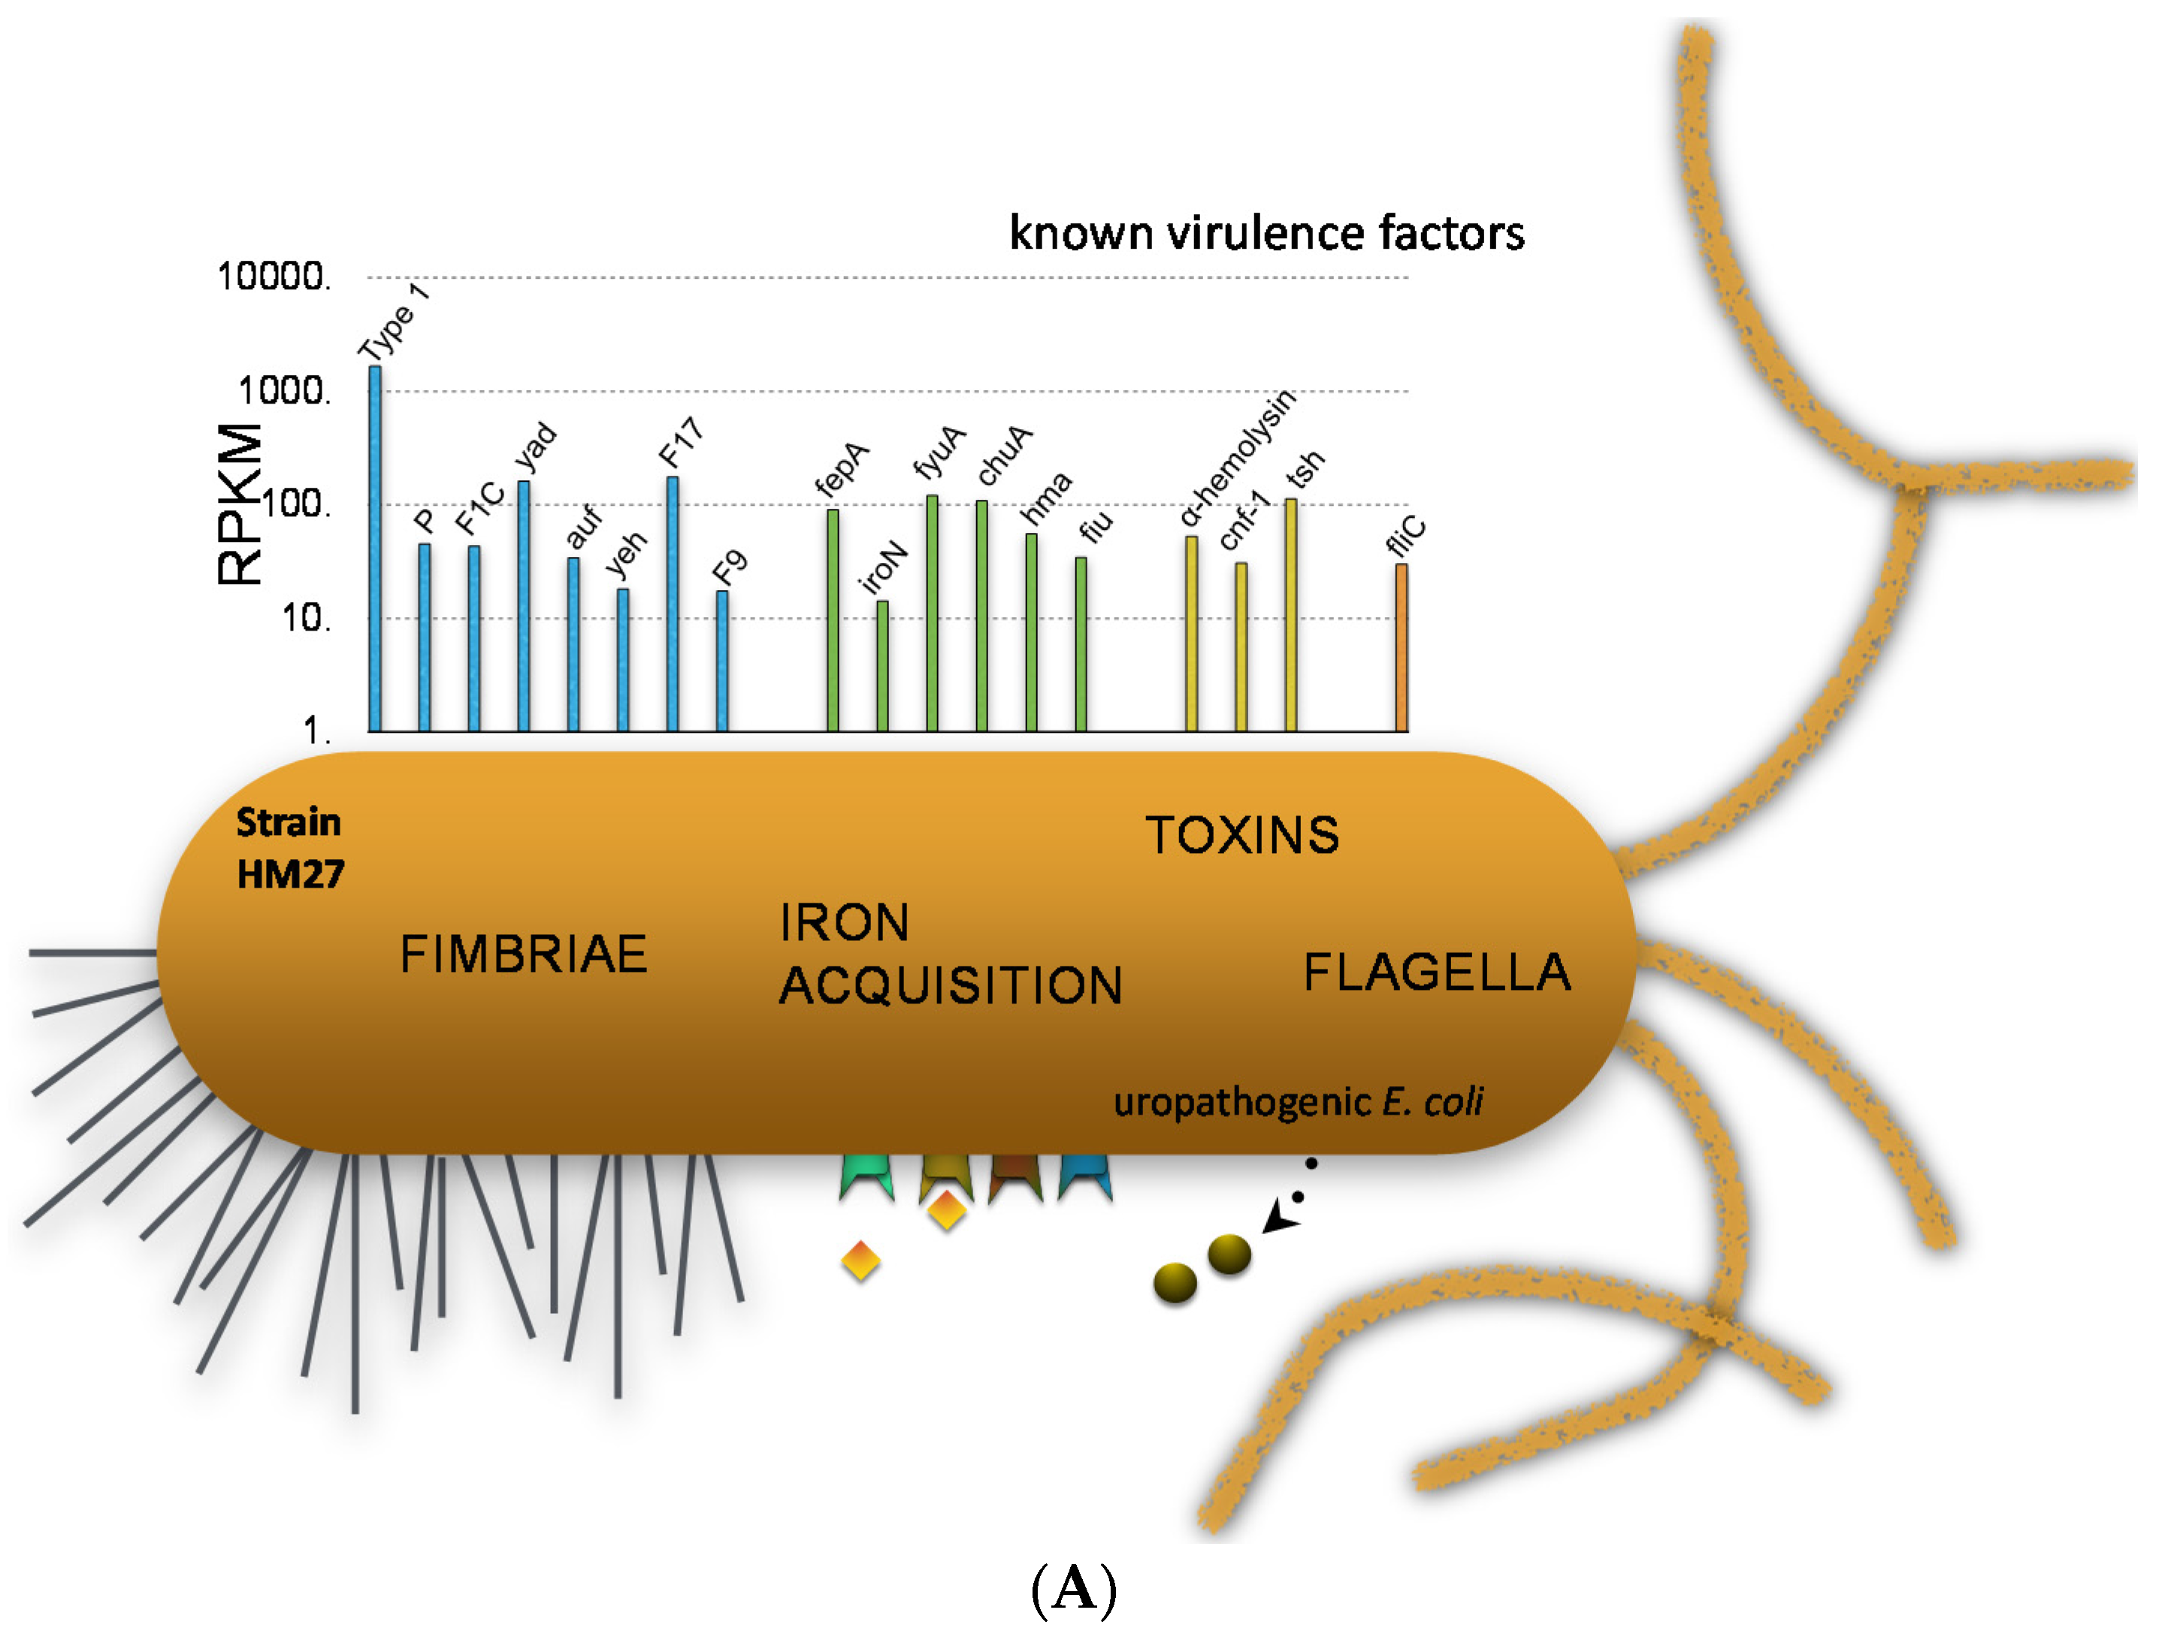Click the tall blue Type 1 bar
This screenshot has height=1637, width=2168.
[x=374, y=549]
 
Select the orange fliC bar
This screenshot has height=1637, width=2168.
[x=1401, y=647]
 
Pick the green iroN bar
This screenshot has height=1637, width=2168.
[x=882, y=667]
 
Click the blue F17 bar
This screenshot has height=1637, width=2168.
[x=673, y=604]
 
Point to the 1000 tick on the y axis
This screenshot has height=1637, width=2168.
[x=284, y=391]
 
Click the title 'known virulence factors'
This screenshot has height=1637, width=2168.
[x=1266, y=233]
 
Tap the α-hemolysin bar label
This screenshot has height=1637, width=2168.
[x=1237, y=458]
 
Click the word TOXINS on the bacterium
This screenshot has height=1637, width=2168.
[x=1241, y=835]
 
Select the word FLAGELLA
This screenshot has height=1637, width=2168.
[x=1437, y=973]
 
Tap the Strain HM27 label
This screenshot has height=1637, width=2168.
[x=290, y=848]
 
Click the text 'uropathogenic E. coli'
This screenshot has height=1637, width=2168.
[x=1298, y=1102]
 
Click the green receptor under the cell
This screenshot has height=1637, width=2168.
[x=866, y=1176]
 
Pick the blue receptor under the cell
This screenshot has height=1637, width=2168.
[x=1085, y=1176]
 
